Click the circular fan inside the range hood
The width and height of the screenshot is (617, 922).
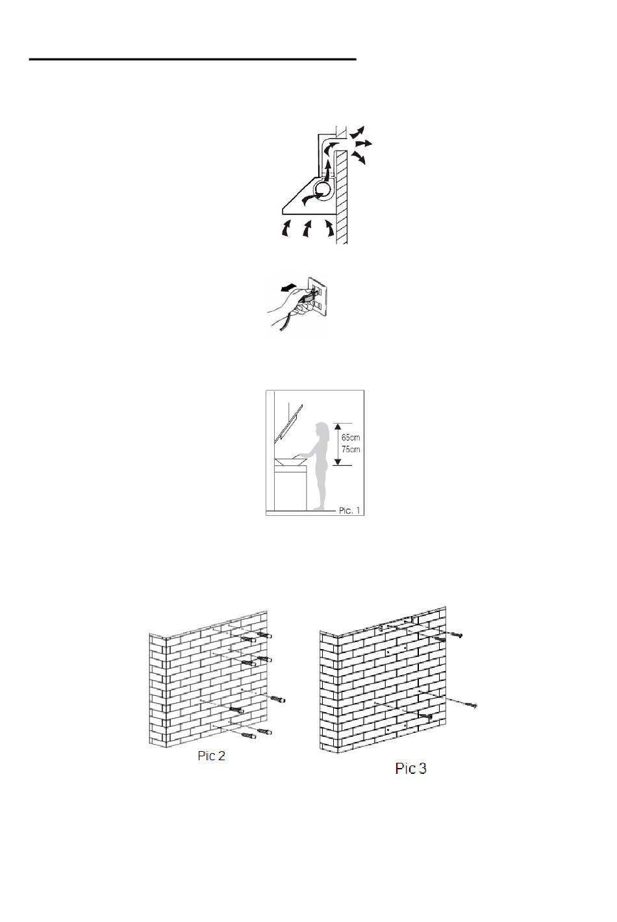[321, 191]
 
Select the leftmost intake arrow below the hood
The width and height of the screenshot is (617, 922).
[285, 229]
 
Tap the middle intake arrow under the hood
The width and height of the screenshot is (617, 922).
[307, 229]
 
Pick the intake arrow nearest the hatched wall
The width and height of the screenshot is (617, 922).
[329, 229]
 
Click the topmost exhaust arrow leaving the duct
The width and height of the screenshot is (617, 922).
[357, 133]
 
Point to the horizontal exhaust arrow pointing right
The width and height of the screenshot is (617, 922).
[364, 144]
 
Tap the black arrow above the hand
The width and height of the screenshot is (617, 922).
[288, 287]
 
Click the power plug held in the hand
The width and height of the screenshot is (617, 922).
[309, 295]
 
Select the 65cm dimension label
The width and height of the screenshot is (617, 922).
[351, 437]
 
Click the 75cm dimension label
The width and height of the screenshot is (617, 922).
[351, 449]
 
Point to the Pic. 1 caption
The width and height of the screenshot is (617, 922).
[349, 511]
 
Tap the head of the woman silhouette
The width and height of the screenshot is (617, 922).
[320, 428]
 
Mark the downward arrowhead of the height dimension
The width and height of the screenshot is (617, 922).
[337, 461]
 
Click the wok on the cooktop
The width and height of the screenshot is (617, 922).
[292, 462]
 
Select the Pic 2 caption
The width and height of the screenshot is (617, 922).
[212, 756]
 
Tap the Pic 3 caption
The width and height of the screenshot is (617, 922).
[410, 769]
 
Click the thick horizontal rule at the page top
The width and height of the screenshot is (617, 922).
[192, 60]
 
